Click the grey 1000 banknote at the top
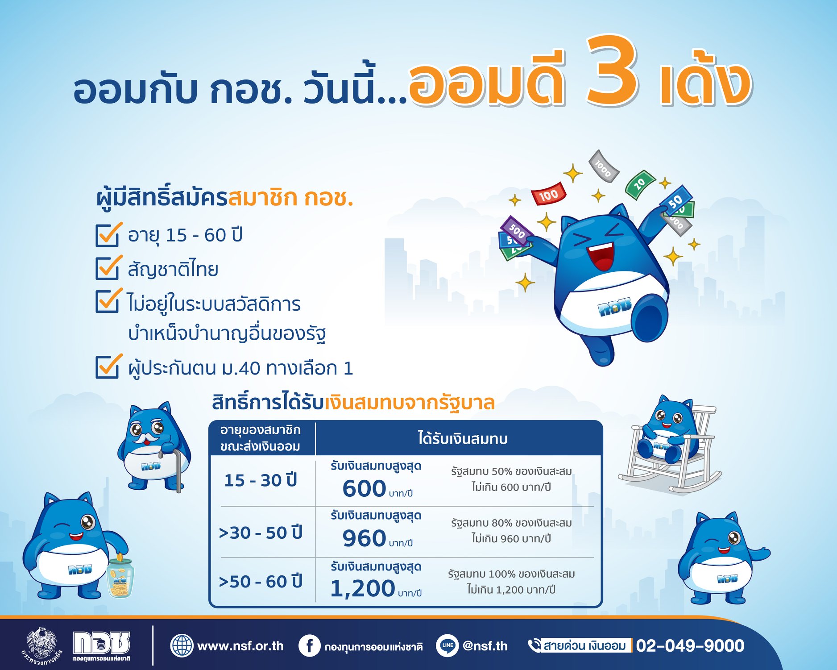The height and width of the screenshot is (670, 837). (x=604, y=166)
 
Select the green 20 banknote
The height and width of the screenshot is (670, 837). (x=640, y=183)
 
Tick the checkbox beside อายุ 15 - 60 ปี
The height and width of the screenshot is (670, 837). (x=108, y=235)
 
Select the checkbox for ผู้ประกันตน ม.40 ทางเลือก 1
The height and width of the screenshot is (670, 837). (x=108, y=367)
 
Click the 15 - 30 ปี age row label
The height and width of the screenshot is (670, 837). (x=261, y=480)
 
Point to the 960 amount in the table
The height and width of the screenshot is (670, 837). (x=364, y=538)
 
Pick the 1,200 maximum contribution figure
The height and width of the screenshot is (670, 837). (x=363, y=588)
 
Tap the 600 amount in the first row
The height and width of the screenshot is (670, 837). (x=364, y=488)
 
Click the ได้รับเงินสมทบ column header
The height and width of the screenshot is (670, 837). (x=463, y=439)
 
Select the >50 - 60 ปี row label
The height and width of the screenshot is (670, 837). (x=261, y=582)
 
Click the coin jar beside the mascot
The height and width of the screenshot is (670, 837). (x=120, y=578)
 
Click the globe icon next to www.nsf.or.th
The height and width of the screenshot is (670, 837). (x=182, y=645)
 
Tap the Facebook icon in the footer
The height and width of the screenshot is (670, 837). (x=309, y=645)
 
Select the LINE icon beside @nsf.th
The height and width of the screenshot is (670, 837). (x=447, y=645)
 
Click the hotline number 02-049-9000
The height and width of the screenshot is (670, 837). (x=690, y=645)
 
